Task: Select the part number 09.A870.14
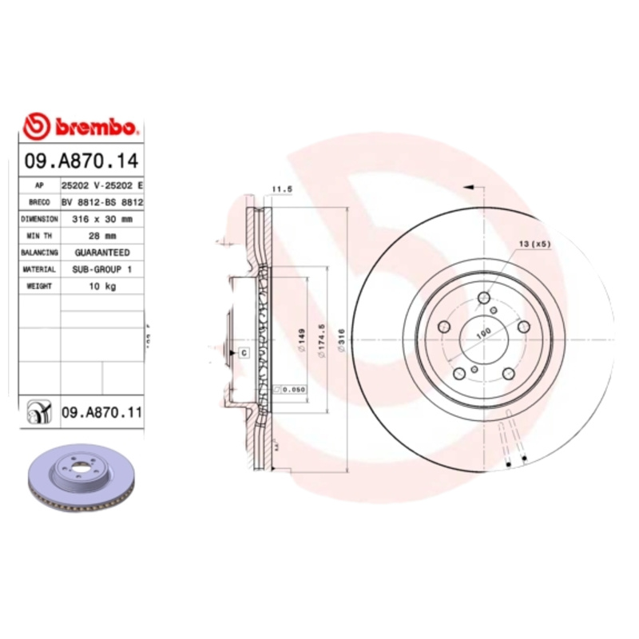82,162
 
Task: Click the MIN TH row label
39,236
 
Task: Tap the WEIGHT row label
39,287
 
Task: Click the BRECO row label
39,201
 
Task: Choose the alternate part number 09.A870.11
101,412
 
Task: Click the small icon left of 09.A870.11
38,412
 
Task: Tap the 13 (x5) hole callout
534,243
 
